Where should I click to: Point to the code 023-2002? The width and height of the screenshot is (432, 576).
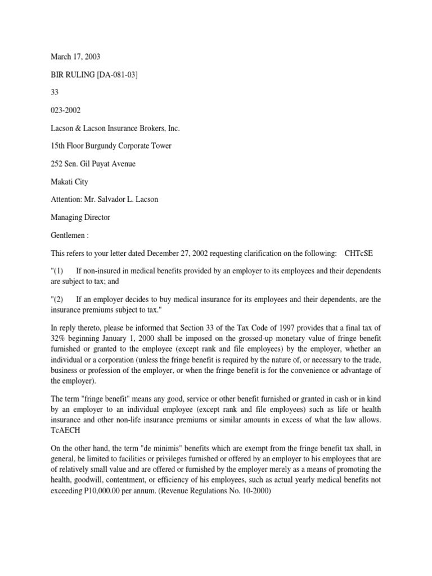pos(65,111)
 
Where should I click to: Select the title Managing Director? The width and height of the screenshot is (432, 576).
pos(78,217)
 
